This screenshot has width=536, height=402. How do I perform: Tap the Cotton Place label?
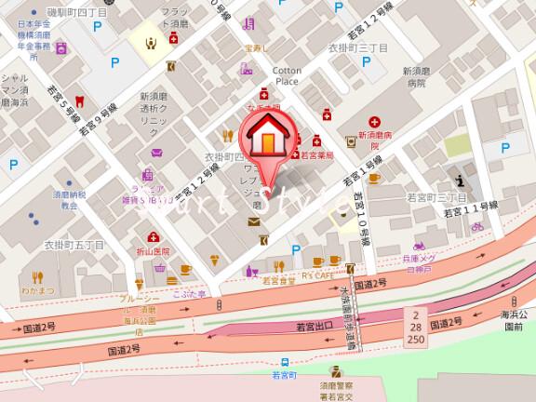click(x=286, y=75)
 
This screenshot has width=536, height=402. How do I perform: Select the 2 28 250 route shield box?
click(x=415, y=328)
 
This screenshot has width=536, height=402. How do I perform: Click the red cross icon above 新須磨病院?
click(x=374, y=123)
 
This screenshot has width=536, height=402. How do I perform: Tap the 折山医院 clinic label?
click(x=151, y=251)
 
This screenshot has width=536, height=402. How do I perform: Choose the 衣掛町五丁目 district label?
click(x=75, y=245)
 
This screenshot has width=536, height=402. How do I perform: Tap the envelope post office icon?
click(x=254, y=221)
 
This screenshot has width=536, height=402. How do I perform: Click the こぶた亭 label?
click(x=188, y=292)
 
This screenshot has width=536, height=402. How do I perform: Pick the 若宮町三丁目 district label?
click(x=436, y=198)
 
